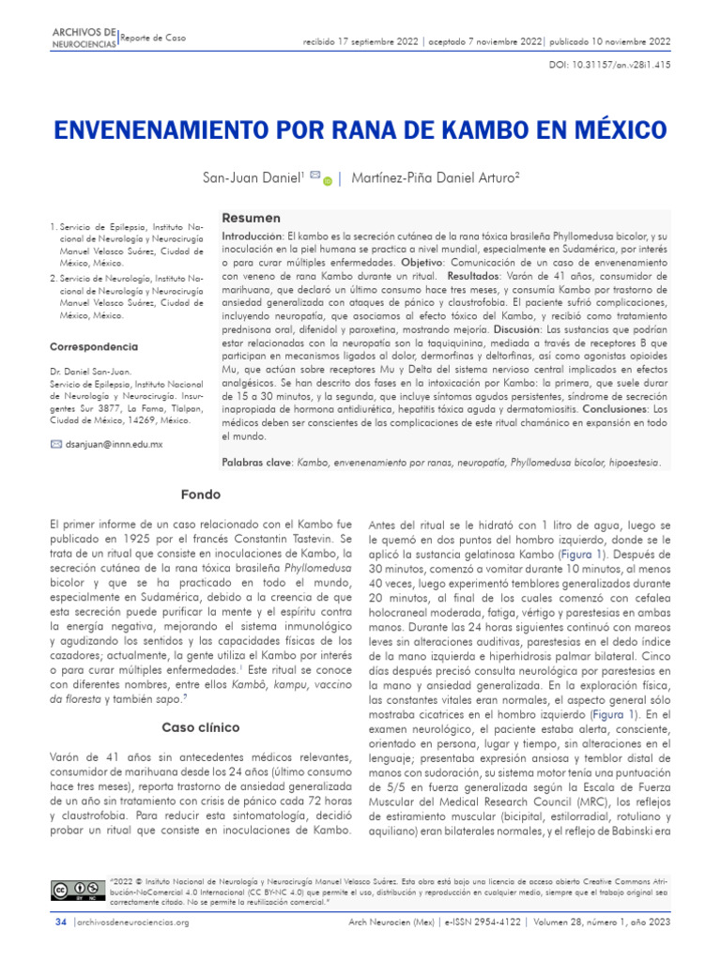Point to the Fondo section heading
click(202, 494)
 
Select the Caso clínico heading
click(201, 727)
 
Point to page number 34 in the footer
click(61, 923)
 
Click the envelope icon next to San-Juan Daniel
click(314, 175)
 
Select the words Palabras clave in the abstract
click(256, 463)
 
